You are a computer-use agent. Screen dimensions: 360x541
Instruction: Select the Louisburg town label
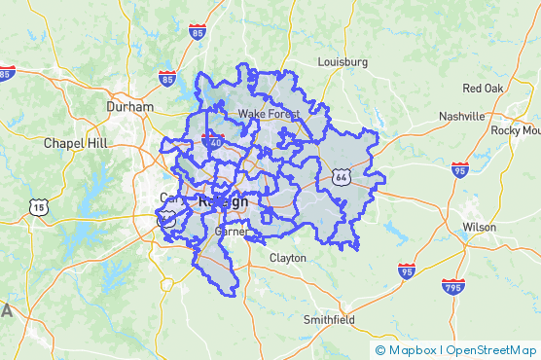343,61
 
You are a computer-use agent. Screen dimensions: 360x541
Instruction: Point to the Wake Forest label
270,114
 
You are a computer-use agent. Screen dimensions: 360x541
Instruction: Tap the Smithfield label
329,319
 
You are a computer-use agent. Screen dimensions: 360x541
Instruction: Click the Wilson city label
479,227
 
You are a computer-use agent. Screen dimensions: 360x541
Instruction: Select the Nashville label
461,116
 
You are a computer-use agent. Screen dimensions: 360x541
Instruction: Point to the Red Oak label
483,88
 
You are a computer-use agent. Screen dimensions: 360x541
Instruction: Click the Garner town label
231,234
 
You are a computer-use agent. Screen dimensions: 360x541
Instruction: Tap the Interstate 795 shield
453,287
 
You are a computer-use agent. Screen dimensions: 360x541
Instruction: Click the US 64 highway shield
340,175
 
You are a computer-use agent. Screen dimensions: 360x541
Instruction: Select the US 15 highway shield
38,206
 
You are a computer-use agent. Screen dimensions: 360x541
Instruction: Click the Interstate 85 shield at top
198,32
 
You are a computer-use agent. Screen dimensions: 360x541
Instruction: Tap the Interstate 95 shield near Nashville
459,170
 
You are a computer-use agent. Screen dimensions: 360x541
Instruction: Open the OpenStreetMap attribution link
492,349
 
